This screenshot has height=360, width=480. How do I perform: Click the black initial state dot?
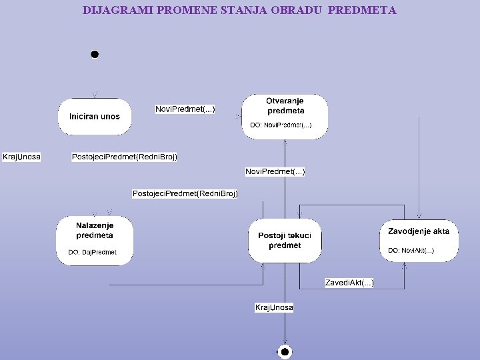click(95, 54)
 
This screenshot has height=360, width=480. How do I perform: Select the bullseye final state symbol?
click(285, 351)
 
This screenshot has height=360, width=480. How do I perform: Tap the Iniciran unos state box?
click(95, 117)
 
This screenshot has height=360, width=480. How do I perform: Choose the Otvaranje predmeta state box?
click(285, 116)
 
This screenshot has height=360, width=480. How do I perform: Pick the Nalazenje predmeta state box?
click(95, 240)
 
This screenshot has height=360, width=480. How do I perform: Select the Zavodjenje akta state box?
click(419, 240)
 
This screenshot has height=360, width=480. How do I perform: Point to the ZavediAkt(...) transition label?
click(349, 283)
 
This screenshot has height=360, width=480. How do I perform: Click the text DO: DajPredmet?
click(93, 252)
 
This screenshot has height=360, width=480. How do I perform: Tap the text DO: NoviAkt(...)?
click(411, 251)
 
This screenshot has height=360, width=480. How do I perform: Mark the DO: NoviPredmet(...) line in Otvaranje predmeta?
click(281, 125)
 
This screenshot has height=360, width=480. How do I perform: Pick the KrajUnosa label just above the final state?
click(274, 307)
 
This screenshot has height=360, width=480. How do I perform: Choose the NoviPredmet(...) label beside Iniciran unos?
click(185, 109)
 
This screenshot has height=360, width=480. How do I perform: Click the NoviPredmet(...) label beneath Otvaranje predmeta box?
click(275, 172)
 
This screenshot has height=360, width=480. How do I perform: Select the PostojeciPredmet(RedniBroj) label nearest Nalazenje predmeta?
click(185, 193)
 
